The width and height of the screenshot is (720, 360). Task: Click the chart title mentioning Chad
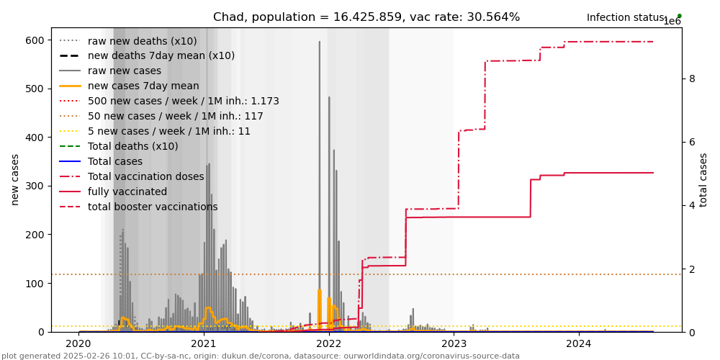[366, 17]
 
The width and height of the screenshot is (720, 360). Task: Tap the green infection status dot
[679, 16]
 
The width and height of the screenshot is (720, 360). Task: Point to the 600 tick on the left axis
[35, 40]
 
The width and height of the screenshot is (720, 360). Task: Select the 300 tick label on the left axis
[35, 186]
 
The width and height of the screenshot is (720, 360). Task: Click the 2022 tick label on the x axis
[329, 344]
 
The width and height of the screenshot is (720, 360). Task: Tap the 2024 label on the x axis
[579, 344]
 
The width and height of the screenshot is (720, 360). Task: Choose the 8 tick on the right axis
[692, 78]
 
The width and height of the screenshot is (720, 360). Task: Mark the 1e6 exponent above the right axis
[672, 22]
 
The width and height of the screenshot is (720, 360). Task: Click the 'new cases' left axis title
[15, 179]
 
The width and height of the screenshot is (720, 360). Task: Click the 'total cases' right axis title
[703, 179]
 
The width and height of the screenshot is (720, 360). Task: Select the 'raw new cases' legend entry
[125, 71]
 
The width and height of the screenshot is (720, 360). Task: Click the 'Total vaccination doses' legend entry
[146, 176]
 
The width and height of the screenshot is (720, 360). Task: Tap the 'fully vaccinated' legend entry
[127, 192]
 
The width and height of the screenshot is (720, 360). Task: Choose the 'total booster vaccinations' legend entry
[152, 207]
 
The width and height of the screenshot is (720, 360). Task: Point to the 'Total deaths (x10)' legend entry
[132, 146]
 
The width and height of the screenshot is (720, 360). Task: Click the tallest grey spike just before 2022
[320, 43]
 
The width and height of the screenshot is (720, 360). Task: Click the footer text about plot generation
[261, 356]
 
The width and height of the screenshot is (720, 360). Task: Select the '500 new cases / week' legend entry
[183, 101]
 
